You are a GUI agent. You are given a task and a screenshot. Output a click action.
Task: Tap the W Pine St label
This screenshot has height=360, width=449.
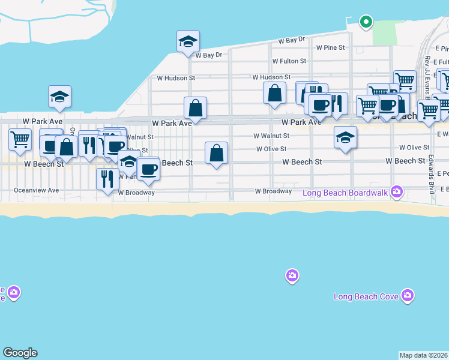click(330, 47)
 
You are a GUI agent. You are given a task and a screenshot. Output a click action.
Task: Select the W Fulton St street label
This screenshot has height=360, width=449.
click(289, 61)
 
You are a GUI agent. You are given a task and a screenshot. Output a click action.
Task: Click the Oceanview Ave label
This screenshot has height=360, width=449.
click(37, 190)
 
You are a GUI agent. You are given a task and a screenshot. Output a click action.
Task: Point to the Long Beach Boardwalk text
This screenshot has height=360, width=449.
click(345, 193)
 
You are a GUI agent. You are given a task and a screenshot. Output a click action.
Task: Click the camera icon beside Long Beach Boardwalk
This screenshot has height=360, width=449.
click(396, 192)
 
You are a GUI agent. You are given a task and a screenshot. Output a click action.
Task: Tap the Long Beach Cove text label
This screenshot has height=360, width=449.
click(364, 296)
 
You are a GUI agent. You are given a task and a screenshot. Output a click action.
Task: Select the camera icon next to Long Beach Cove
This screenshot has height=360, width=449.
click(408, 295)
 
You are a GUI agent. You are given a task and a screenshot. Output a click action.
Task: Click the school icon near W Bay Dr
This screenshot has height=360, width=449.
click(188, 43)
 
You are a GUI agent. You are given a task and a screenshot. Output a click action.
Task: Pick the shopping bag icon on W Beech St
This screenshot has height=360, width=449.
click(217, 153)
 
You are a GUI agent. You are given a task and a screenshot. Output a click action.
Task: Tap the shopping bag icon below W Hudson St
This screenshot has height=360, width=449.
click(274, 94)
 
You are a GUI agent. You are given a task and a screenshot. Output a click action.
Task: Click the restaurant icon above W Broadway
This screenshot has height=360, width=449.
click(107, 179)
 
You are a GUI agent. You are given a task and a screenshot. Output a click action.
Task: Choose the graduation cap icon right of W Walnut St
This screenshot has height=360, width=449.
click(345, 139)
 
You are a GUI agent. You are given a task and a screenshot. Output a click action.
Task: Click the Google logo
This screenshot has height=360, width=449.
click(20, 353)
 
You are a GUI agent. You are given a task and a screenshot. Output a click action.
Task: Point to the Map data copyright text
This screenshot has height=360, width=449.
click(424, 355)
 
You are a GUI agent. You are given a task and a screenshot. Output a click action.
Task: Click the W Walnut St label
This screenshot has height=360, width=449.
click(271, 136)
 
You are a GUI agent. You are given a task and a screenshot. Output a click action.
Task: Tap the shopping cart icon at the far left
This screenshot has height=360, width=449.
click(20, 140)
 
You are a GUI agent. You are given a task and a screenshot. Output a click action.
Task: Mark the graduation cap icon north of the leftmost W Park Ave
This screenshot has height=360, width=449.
click(60, 97)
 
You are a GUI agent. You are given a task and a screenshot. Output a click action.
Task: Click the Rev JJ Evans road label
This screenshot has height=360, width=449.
click(427, 71)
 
